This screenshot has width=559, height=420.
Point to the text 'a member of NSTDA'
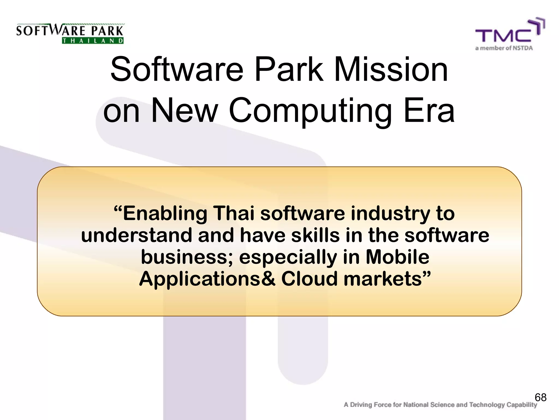504,48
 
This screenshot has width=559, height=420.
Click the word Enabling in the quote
165,214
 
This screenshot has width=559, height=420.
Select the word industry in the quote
390,214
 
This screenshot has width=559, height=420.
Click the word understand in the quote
136,235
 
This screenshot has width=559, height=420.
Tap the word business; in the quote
187,258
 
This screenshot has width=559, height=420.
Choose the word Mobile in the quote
397,257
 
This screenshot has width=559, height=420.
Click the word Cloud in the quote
310,279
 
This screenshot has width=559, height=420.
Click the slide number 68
540,397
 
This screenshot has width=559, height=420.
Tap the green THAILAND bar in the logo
93,41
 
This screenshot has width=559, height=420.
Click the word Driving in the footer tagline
362,405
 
